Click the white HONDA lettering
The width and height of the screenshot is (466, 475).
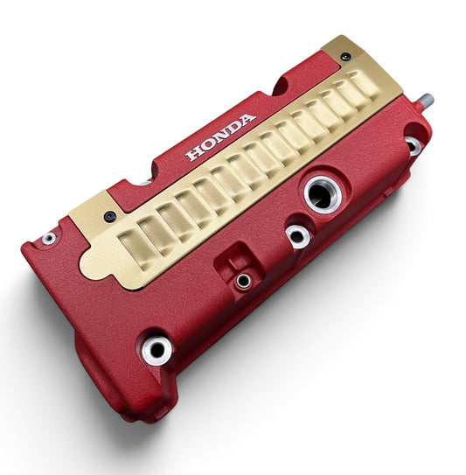tap(220, 137)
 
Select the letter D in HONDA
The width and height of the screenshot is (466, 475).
tap(233, 128)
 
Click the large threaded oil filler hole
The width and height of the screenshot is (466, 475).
tap(323, 195)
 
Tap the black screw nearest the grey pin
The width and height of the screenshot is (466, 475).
tap(346, 56)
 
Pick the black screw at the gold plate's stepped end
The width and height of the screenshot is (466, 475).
tap(109, 216)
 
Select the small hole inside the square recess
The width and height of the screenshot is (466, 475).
tap(243, 281)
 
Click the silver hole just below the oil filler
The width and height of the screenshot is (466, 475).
tap(297, 236)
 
